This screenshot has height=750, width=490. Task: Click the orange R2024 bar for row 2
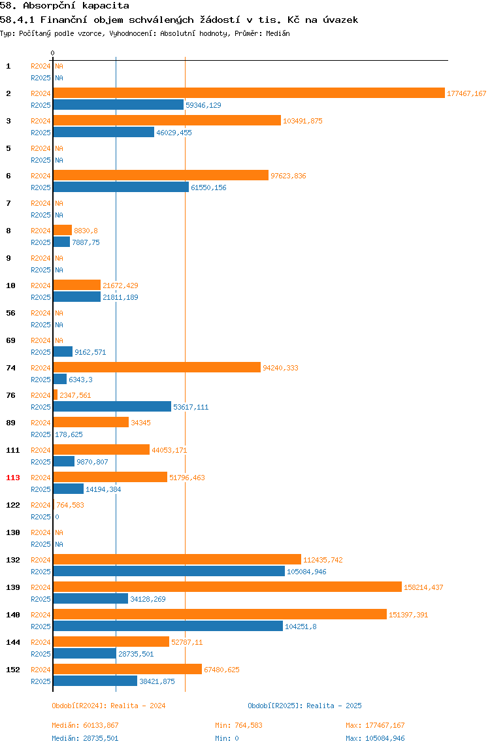pos(249,93)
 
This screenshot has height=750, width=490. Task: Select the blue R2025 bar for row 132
pos(169,572)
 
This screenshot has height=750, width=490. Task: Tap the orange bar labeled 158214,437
pos(227,587)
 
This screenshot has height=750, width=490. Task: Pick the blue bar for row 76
pos(112,407)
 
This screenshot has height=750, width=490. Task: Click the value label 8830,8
pos(86,231)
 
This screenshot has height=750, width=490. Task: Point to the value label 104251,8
pos(301,627)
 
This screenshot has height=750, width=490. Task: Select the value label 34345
pos(140,423)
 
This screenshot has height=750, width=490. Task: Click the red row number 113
pos(13,478)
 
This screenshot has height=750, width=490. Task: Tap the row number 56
pos(10,314)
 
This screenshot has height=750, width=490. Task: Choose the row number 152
pos(13,670)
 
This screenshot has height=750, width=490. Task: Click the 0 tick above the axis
pos(53,53)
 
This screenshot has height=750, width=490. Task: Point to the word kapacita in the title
pos(106,6)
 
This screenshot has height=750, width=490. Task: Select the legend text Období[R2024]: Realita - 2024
pos(108,706)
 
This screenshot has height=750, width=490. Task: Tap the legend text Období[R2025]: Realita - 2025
pos(305,706)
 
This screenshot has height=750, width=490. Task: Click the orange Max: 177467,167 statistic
pos(375,726)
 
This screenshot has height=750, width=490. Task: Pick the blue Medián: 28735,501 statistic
pos(85,738)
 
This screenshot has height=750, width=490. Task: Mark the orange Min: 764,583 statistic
pos(238,726)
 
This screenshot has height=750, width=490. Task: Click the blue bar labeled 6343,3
pos(60,380)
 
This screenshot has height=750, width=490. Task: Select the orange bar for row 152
pos(127,669)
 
